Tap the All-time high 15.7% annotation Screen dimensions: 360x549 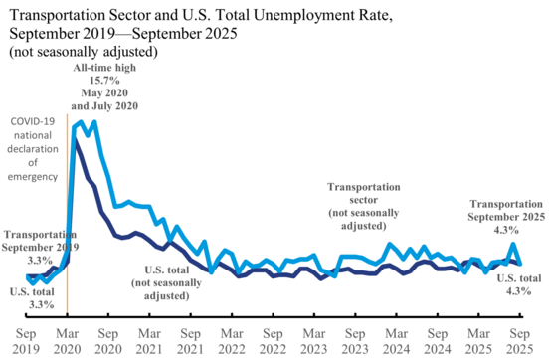tap(104, 86)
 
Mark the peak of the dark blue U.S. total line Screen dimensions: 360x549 tap(77, 139)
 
